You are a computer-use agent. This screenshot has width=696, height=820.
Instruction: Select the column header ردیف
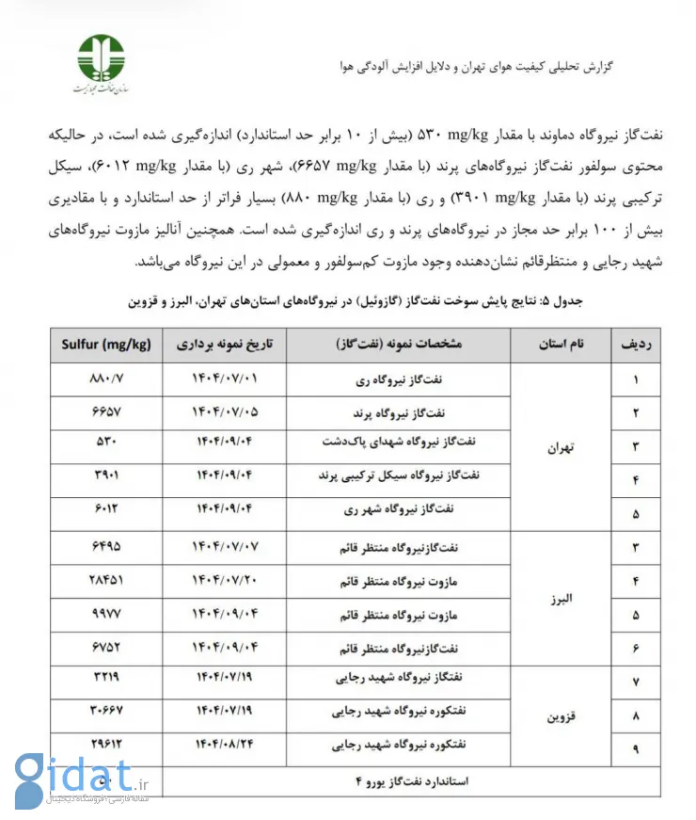coord(636,345)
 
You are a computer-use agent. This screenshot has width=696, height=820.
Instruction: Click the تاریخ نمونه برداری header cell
coord(227,345)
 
